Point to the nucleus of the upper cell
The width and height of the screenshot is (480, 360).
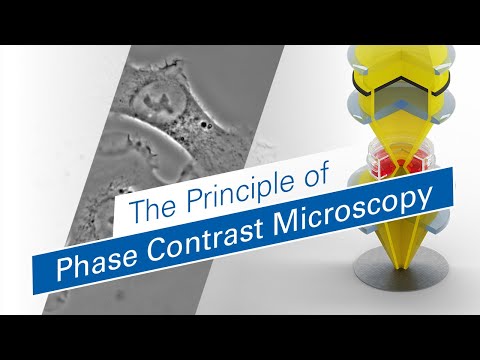point(158,100)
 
